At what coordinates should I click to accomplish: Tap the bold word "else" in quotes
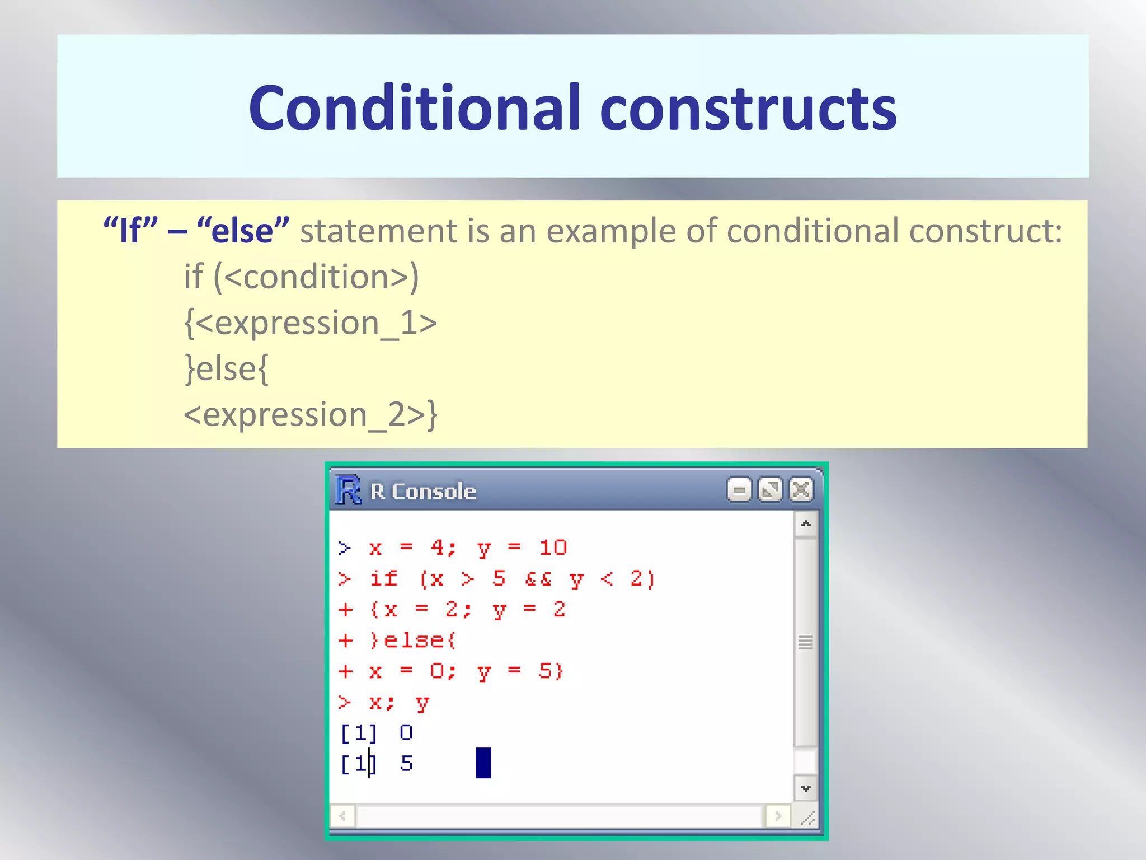click(243, 231)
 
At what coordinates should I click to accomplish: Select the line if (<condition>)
click(301, 277)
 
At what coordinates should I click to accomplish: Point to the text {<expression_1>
click(310, 323)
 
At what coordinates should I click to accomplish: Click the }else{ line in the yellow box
click(227, 369)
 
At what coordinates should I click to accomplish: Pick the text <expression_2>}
click(310, 415)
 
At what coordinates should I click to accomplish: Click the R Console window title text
click(423, 492)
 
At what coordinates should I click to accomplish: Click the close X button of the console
click(801, 490)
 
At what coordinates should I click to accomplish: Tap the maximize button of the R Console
click(770, 490)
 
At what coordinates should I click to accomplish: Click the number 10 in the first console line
click(553, 548)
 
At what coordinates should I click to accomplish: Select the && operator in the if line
click(538, 579)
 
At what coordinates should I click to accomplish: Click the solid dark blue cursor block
click(483, 763)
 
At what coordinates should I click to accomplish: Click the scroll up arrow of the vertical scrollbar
click(806, 524)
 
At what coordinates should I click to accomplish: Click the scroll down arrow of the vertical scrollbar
click(806, 788)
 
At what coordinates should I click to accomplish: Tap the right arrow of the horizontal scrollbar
click(778, 816)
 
